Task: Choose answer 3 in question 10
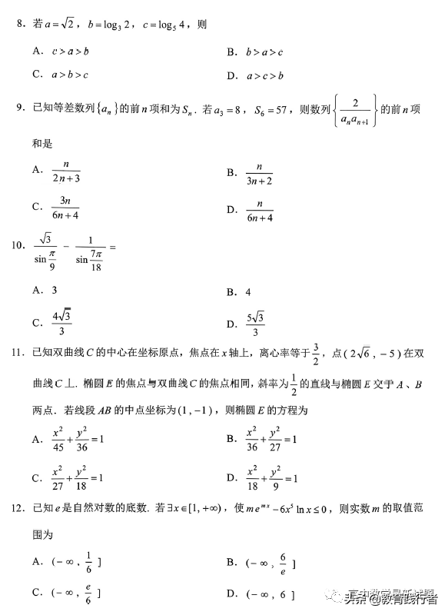click(x=55, y=290)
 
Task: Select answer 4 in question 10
click(x=248, y=292)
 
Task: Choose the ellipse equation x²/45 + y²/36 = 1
click(x=78, y=439)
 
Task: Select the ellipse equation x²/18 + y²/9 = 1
click(x=271, y=478)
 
